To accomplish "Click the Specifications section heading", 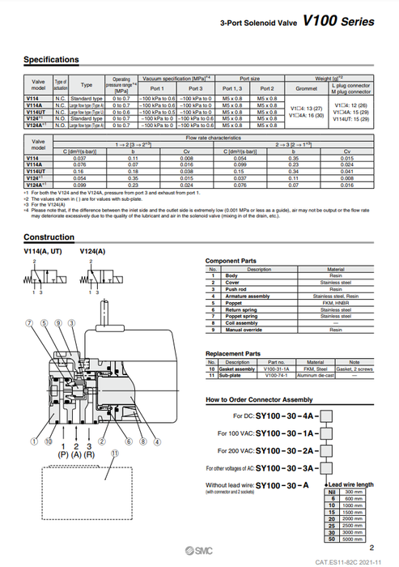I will coord(52,59).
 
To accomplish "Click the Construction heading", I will coord(49,237).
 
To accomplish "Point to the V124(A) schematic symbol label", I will coord(94,253).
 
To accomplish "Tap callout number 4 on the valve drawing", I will coord(145,442).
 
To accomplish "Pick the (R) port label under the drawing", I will coord(90,454).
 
